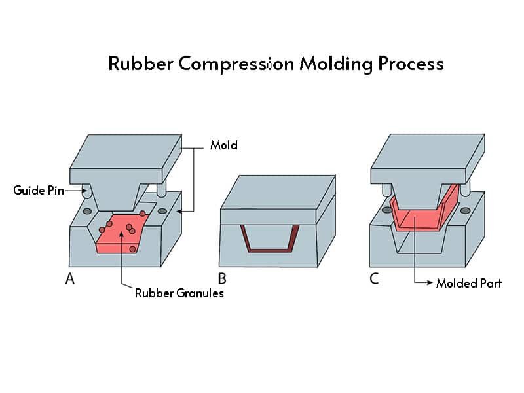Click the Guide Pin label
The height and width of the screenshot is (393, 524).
(x=39, y=191)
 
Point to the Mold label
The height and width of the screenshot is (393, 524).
(x=223, y=145)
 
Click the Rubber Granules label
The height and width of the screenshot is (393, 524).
(x=179, y=293)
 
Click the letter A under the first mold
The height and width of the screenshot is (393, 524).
(x=69, y=279)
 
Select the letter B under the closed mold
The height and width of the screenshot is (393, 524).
(x=223, y=279)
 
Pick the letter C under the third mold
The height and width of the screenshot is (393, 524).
(x=374, y=279)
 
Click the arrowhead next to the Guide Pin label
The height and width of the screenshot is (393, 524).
(x=83, y=191)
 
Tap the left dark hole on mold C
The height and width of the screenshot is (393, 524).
(x=387, y=210)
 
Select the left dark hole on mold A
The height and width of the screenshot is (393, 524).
(x=86, y=211)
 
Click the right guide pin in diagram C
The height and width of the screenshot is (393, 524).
(x=466, y=189)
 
